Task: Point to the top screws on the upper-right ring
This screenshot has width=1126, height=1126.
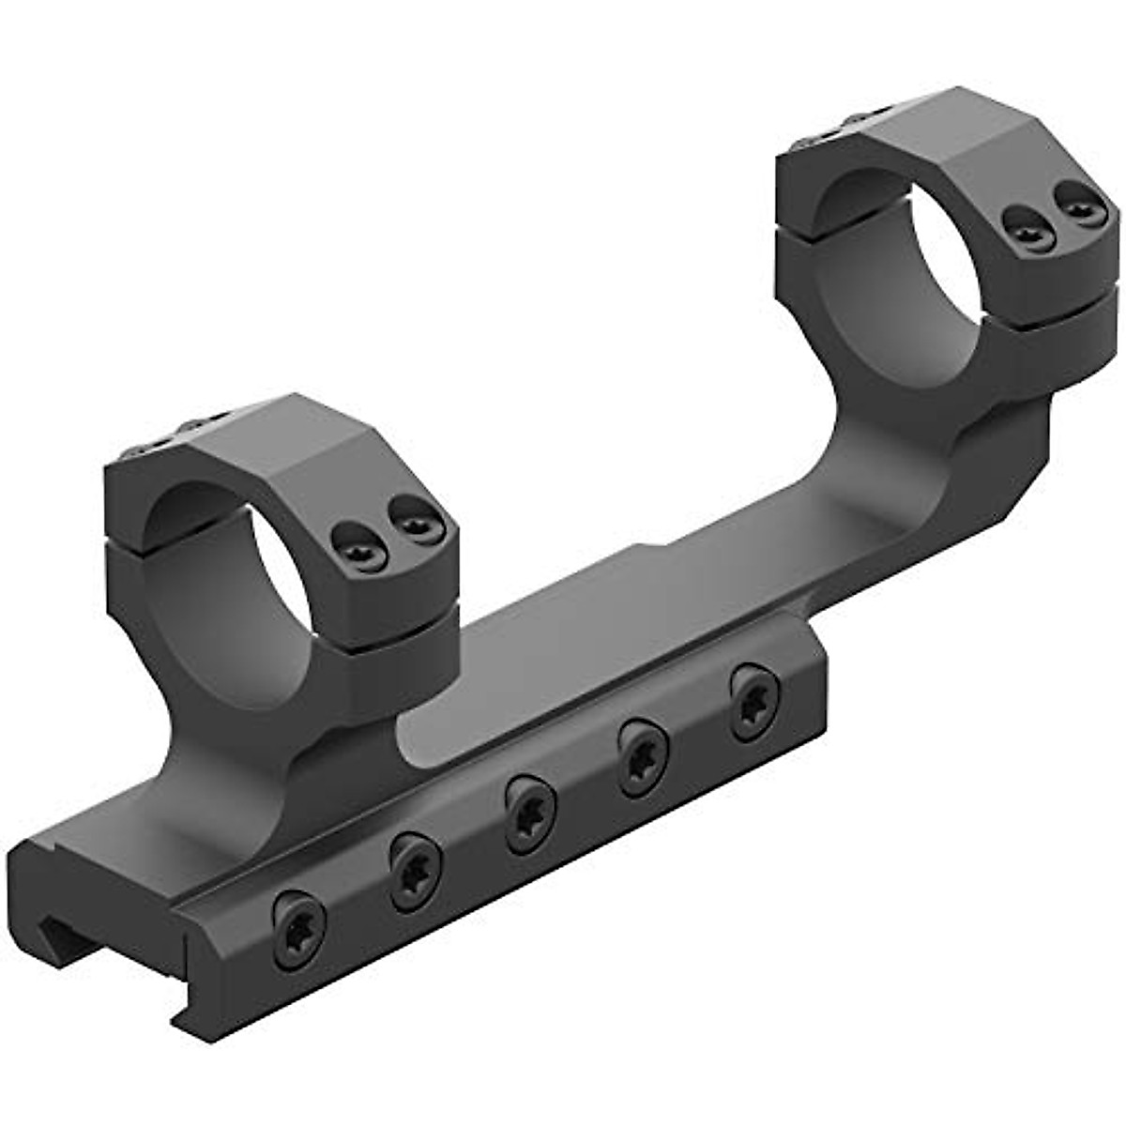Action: click(835, 131)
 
